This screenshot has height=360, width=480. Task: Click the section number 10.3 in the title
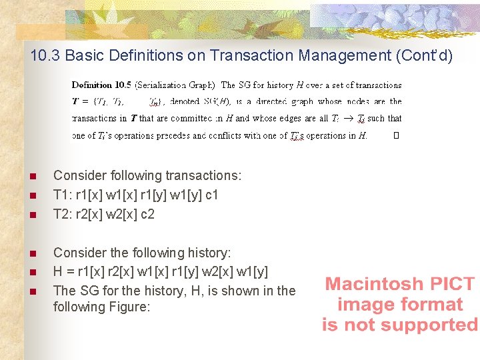45,55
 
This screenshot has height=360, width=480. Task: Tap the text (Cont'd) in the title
423,55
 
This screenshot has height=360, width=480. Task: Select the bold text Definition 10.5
101,85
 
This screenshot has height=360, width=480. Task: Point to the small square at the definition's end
396,135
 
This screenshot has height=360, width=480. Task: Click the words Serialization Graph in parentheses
175,85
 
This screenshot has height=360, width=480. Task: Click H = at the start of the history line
61,272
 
